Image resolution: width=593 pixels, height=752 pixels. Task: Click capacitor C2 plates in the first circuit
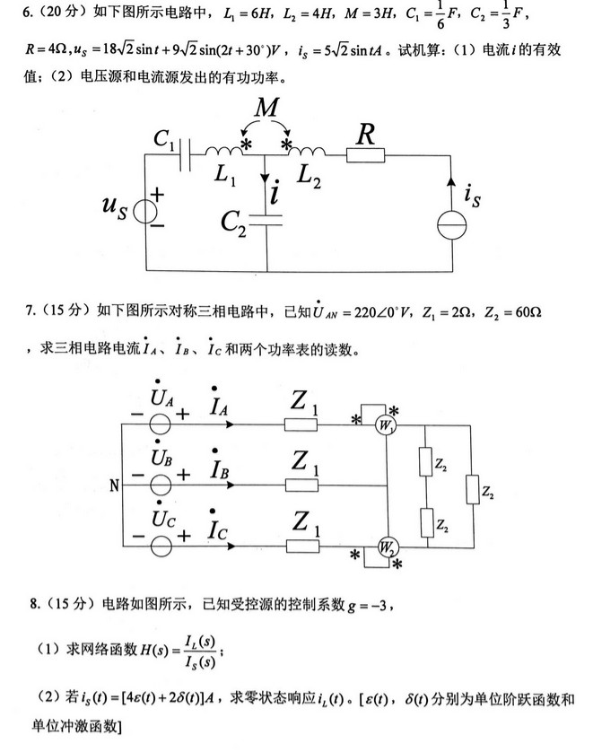point(267,221)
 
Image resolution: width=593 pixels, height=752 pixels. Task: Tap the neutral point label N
point(114,487)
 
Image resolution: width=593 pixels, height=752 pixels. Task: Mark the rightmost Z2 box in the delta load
point(471,491)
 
